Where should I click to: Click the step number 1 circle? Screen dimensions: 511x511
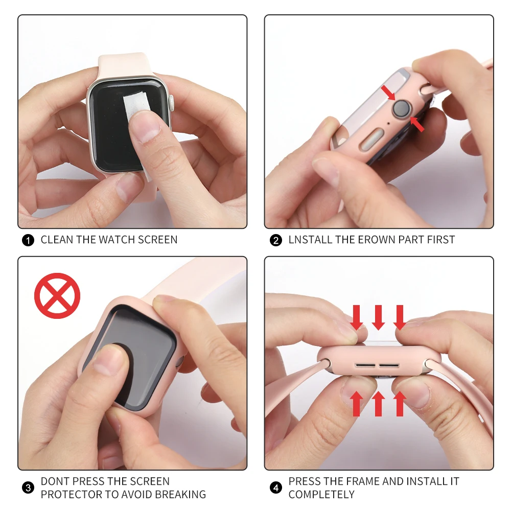(29, 240)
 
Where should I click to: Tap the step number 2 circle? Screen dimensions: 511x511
(276, 240)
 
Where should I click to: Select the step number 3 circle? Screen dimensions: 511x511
(29, 488)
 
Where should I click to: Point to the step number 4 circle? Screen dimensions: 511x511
(276, 488)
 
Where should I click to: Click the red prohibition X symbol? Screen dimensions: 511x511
(57, 296)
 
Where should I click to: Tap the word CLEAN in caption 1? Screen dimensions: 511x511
(57, 240)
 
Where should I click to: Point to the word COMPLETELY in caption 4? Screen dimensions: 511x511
(321, 495)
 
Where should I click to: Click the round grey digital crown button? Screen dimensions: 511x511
(402, 109)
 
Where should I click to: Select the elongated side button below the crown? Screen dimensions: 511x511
(371, 138)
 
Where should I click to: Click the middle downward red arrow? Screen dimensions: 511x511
(378, 317)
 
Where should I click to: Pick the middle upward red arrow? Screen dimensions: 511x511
(378, 403)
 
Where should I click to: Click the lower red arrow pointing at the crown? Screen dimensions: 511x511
(417, 124)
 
